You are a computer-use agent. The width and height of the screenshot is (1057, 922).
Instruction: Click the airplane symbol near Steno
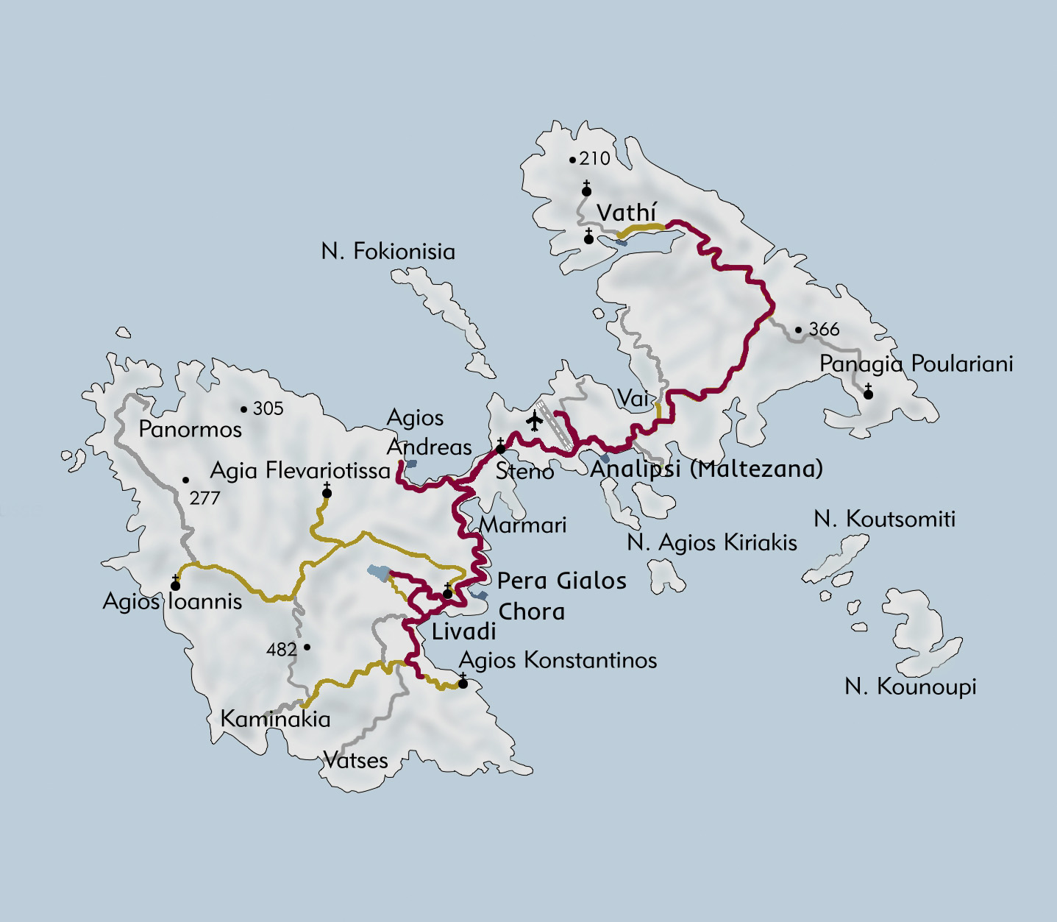[535, 421]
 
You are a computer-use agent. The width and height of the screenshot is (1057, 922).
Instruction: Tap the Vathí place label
[625, 213]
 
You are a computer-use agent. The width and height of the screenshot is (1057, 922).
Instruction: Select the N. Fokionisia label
[388, 252]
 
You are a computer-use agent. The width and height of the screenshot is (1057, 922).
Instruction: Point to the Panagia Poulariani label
[916, 364]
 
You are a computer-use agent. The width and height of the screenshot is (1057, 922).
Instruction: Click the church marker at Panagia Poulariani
[868, 393]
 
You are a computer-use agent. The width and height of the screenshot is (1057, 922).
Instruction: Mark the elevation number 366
[824, 329]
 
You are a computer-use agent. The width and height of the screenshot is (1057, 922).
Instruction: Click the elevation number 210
[594, 159]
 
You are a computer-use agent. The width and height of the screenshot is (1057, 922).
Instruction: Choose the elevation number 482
[282, 649]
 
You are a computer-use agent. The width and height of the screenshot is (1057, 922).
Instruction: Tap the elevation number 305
[268, 408]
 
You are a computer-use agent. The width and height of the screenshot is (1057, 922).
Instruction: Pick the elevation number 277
[204, 498]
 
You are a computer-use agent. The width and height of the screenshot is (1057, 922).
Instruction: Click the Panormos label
[190, 430]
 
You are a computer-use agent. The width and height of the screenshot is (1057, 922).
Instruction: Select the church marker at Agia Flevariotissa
[327, 492]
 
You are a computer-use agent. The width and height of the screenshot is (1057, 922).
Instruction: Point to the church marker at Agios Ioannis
[175, 584]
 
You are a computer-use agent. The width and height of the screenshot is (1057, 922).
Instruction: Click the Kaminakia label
[275, 719]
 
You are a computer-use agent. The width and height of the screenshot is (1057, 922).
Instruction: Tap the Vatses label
[355, 759]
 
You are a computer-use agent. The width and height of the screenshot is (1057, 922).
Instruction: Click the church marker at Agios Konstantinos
[463, 682]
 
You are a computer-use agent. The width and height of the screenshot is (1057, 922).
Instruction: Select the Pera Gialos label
[561, 581]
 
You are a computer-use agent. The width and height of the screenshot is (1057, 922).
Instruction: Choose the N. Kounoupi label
[910, 687]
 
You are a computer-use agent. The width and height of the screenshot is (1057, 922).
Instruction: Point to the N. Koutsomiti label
[884, 519]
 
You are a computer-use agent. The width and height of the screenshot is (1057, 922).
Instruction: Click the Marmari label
[522, 525]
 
